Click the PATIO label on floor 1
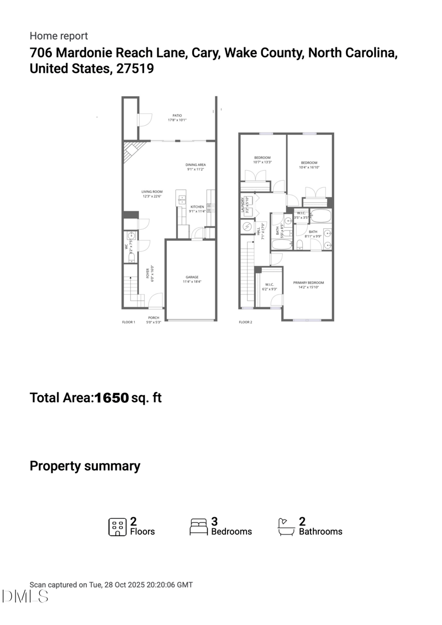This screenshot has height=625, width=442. tap(177, 115)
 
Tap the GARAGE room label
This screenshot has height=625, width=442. tap(192, 277)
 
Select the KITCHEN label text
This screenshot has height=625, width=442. tap(197, 207)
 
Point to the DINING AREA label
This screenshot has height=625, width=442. tap(196, 165)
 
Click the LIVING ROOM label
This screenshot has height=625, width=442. tap(152, 192)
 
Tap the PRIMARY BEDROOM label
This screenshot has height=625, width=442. tap(308, 282)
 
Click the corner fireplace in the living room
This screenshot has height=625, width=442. tap(133, 150)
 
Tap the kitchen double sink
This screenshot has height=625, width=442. tap(181, 199)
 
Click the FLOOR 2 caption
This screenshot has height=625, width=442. tap(245, 322)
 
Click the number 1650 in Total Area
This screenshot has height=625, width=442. tap(112, 397)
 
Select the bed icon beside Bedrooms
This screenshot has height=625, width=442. tap(198, 527)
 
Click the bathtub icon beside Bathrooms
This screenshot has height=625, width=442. tap(285, 527)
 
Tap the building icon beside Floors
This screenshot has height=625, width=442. tap(117, 527)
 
